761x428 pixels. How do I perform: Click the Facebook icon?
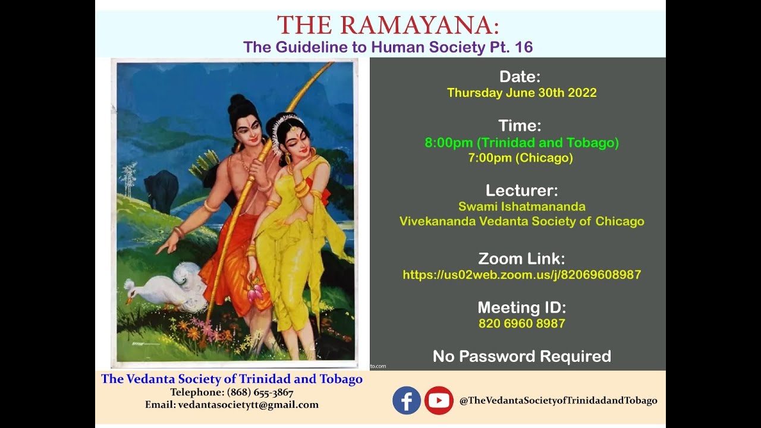pyautogui.click(x=407, y=401)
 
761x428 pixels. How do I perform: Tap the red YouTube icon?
pyautogui.click(x=439, y=401)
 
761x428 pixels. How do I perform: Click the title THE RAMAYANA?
pyautogui.click(x=388, y=26)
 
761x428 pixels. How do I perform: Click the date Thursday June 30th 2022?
pyautogui.click(x=521, y=93)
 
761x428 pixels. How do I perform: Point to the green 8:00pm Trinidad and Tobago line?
pyautogui.click(x=521, y=143)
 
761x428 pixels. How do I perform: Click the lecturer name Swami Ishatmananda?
pyautogui.click(x=521, y=207)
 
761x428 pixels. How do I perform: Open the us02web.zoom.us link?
pyautogui.click(x=521, y=275)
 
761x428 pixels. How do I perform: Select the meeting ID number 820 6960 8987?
pyautogui.click(x=521, y=324)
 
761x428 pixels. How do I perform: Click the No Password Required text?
pyautogui.click(x=521, y=356)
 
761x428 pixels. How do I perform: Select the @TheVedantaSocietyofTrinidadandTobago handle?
pyautogui.click(x=558, y=401)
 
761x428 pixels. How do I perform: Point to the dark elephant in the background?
pyautogui.click(x=161, y=190)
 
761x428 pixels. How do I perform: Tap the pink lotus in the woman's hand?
pyautogui.click(x=256, y=292)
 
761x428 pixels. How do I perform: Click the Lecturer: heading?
pyautogui.click(x=521, y=190)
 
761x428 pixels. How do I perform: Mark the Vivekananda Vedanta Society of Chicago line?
pyautogui.click(x=521, y=222)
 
